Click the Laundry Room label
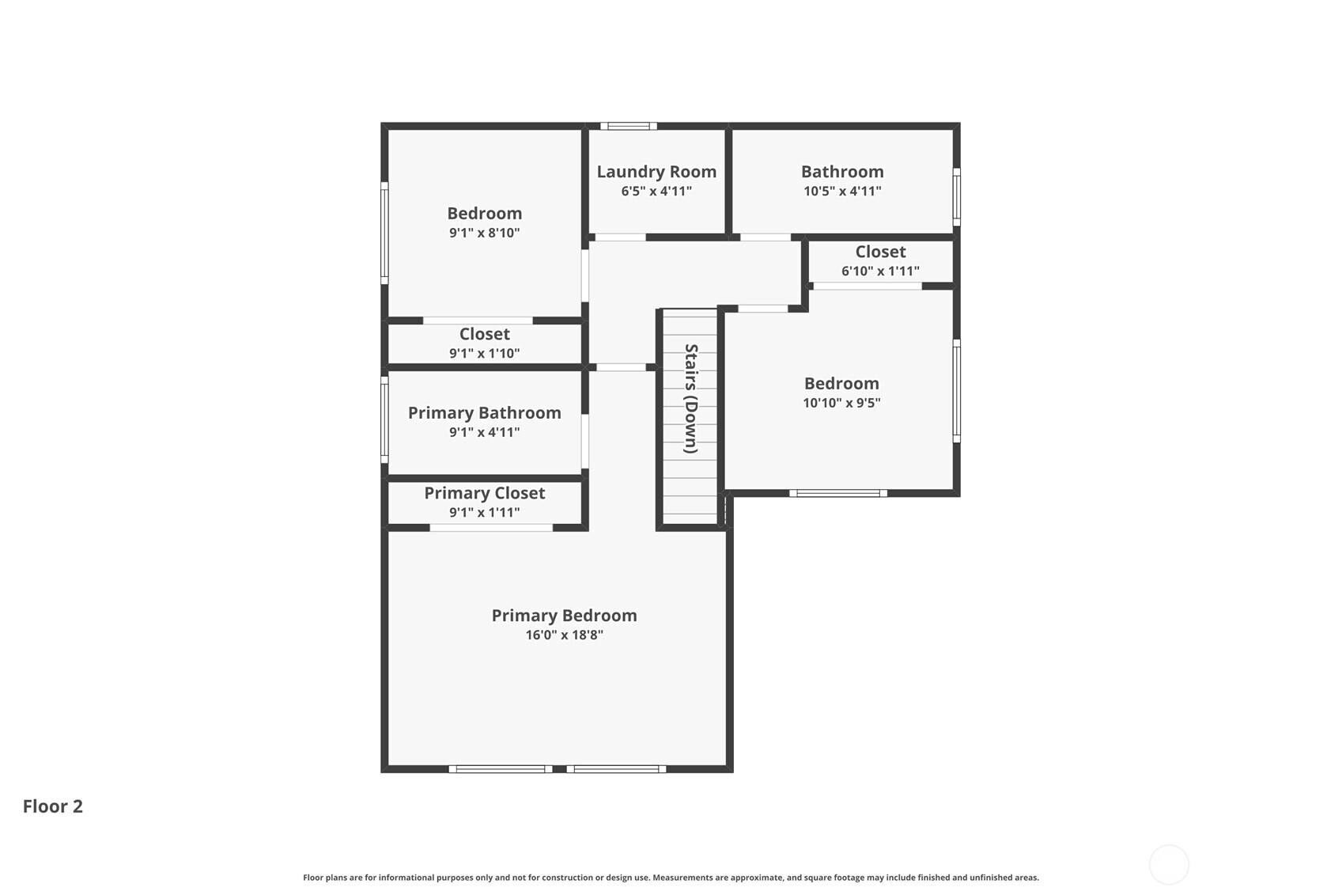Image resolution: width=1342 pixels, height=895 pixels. (656, 172)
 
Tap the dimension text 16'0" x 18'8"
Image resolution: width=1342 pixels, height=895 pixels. (564, 635)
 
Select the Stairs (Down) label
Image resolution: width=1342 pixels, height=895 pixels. (690, 398)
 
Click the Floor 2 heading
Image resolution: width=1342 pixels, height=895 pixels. (52, 806)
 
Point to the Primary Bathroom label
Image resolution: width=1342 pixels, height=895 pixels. (484, 413)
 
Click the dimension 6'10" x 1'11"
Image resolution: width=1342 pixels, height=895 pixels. (879, 271)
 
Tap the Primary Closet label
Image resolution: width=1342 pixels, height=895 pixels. (484, 493)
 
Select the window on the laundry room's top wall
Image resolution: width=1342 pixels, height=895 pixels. (628, 126)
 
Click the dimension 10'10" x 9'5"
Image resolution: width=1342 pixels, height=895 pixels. (841, 403)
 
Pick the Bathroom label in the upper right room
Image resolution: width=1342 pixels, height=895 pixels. (841, 172)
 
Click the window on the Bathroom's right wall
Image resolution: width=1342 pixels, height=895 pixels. (956, 196)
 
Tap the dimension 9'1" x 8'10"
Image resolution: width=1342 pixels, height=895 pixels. (484, 233)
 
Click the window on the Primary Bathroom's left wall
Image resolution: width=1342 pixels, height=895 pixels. (384, 419)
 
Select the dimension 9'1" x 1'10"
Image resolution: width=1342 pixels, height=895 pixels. (484, 354)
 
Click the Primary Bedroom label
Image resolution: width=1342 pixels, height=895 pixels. (564, 616)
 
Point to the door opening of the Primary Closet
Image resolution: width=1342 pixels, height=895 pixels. (491, 528)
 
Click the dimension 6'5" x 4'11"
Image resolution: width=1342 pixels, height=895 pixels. (656, 192)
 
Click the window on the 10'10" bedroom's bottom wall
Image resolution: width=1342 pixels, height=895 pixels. (837, 493)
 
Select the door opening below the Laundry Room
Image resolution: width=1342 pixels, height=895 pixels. (620, 237)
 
